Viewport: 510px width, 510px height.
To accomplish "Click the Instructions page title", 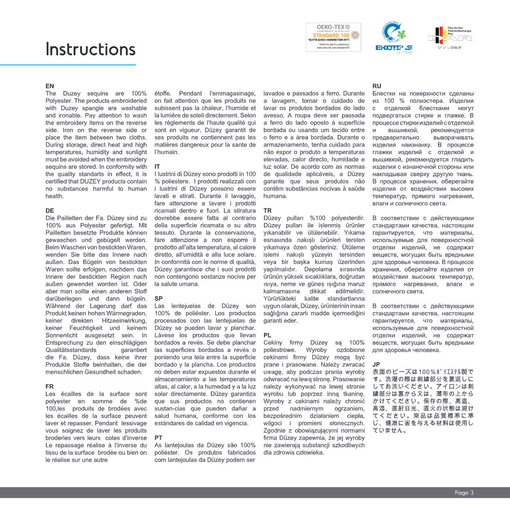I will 90,49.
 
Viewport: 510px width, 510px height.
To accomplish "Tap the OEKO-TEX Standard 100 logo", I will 333,37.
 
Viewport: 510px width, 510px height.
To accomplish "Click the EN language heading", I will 50,86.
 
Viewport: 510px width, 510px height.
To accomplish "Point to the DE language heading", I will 50,211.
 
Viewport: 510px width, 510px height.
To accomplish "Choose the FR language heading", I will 50,387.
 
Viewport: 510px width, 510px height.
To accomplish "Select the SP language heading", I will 159,299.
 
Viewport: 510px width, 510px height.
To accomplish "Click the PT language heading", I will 159,438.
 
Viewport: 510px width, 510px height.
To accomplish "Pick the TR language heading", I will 267,211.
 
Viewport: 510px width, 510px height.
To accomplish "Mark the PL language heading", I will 267,335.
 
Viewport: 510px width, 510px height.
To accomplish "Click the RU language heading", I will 377,86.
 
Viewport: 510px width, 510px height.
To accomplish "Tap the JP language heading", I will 376,365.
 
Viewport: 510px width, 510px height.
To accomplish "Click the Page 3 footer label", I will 464,493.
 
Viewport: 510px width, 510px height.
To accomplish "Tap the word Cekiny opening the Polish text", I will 273,343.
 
